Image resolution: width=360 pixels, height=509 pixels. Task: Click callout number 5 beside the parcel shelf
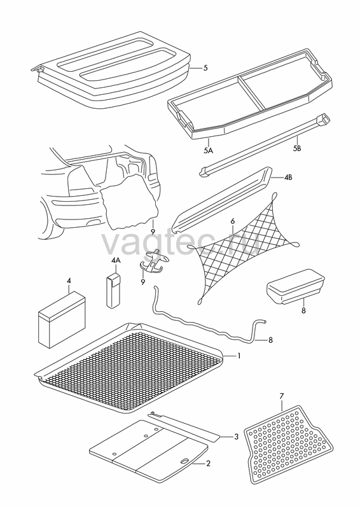pyautogui.click(x=205, y=68)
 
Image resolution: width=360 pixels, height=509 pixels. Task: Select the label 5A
pyautogui.click(x=208, y=150)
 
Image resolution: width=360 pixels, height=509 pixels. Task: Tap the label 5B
pyautogui.click(x=297, y=148)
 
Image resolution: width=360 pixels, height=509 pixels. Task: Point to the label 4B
pyautogui.click(x=288, y=178)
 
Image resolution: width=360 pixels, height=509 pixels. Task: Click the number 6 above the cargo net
pyautogui.click(x=232, y=221)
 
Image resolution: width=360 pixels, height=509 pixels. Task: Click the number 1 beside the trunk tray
pyautogui.click(x=239, y=356)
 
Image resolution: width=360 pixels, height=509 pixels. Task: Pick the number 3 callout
pyautogui.click(x=237, y=436)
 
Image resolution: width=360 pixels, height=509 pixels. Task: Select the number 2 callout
pyautogui.click(x=208, y=463)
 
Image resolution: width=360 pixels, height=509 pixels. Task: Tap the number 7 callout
pyautogui.click(x=281, y=396)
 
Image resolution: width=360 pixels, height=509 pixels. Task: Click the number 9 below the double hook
pyautogui.click(x=142, y=282)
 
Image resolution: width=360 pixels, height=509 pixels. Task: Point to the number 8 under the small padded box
pyautogui.click(x=303, y=310)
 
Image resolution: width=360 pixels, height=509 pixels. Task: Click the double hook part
pyautogui.click(x=154, y=261)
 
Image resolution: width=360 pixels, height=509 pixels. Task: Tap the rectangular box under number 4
pyautogui.click(x=62, y=319)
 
